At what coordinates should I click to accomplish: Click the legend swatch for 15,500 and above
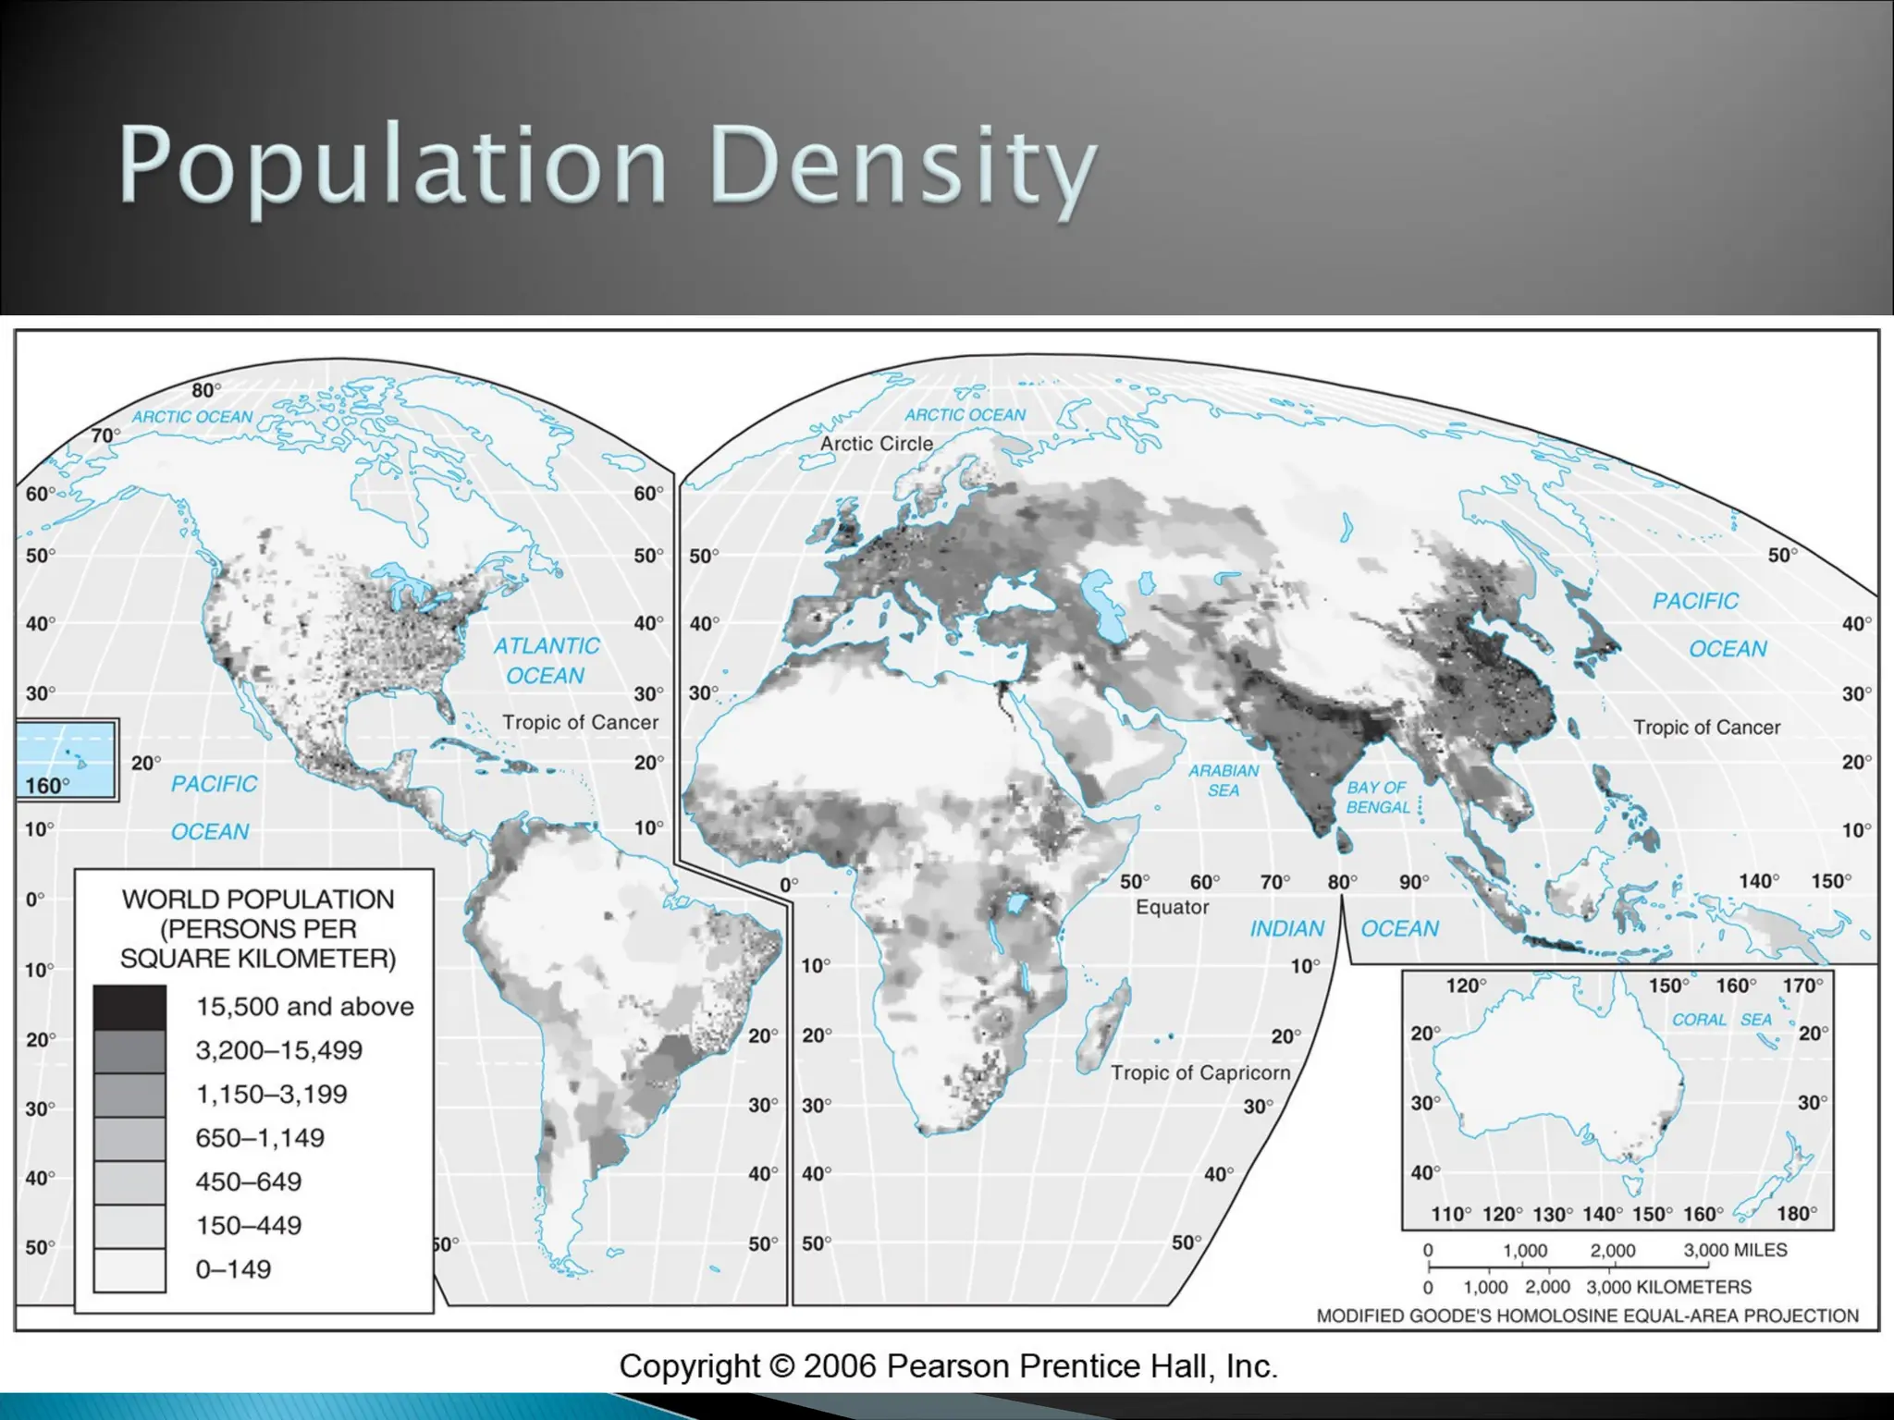click(129, 1007)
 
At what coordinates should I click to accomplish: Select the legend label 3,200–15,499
click(278, 1050)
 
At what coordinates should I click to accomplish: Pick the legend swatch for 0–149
click(129, 1270)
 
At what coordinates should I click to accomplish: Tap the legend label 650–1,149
click(259, 1138)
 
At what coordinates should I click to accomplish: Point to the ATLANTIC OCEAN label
click(546, 660)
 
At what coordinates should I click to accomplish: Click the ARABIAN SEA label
click(1224, 780)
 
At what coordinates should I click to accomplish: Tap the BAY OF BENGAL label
click(1377, 797)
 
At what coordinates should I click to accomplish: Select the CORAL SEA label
click(1721, 1020)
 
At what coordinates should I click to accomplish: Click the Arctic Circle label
click(876, 444)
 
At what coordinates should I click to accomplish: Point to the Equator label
click(1172, 907)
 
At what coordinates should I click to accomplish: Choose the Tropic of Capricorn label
click(1199, 1072)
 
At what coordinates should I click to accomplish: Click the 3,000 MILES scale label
click(1734, 1250)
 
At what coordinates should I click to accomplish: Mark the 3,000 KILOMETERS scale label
click(1668, 1287)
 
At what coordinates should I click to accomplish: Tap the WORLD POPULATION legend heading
click(258, 900)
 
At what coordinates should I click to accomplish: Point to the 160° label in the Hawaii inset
click(47, 786)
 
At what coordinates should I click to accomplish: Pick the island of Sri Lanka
click(1343, 841)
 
